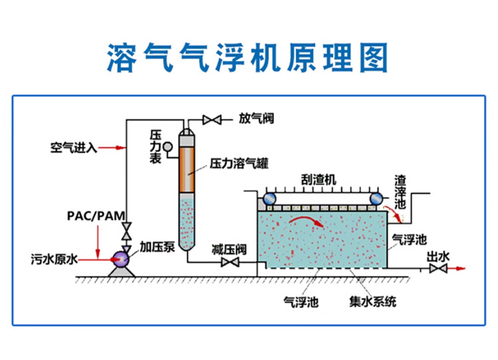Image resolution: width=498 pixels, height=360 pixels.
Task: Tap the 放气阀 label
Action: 256,119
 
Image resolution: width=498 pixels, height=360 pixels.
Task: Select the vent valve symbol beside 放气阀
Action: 213,120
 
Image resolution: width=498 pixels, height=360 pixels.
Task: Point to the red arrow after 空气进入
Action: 118,147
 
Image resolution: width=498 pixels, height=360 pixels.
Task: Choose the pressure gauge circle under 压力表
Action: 167,147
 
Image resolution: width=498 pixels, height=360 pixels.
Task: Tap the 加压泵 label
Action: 157,247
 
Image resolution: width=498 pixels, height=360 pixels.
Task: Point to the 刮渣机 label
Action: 319,179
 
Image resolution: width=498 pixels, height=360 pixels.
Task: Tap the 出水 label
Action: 438,256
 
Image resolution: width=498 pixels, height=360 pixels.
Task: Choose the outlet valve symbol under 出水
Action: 437,268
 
